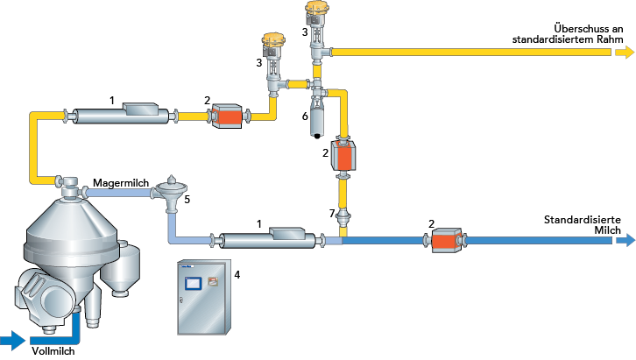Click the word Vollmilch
tap(53, 351)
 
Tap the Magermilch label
tap(121, 183)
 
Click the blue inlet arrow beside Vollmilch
tap(12, 340)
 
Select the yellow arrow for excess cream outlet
tap(625, 53)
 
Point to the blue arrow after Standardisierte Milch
tap(625, 240)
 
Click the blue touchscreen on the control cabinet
tap(193, 283)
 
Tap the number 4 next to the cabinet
tap(237, 275)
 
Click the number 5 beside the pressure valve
tap(187, 200)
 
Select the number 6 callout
tap(305, 116)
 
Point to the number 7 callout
tap(332, 213)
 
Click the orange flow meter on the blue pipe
tap(446, 241)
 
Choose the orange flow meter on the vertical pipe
tap(343, 155)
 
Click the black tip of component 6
tap(317, 136)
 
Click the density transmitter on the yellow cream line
tap(121, 115)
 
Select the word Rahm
tap(610, 39)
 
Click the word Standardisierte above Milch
tap(583, 220)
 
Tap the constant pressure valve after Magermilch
tap(172, 194)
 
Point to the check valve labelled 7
tap(343, 218)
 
